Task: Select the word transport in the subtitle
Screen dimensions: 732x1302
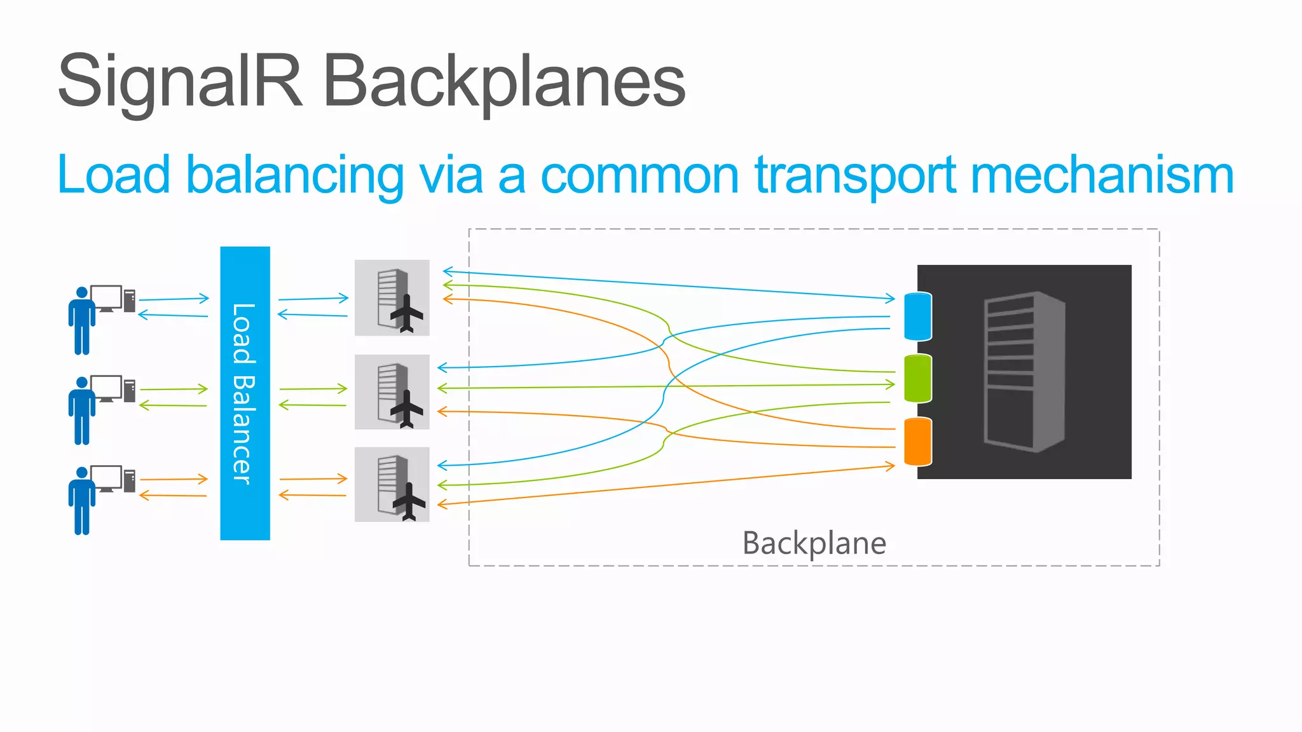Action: click(x=855, y=175)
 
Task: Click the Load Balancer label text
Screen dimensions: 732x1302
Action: click(x=243, y=393)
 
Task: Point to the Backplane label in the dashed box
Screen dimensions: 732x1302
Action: click(x=814, y=543)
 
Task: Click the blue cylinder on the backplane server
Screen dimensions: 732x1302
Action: click(x=917, y=316)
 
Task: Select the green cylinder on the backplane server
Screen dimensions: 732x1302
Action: click(x=917, y=379)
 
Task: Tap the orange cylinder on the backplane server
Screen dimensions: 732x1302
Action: click(x=917, y=442)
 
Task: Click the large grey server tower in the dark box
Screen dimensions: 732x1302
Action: click(x=1024, y=372)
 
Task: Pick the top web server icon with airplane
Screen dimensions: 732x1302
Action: click(x=392, y=297)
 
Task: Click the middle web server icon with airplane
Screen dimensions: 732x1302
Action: click(x=392, y=391)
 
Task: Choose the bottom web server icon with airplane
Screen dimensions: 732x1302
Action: click(x=392, y=484)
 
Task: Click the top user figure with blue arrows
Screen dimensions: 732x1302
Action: click(x=82, y=320)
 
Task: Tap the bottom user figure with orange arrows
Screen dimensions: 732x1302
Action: click(x=82, y=501)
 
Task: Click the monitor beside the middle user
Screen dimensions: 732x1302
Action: click(x=106, y=388)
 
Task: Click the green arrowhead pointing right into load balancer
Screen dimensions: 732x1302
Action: click(x=203, y=388)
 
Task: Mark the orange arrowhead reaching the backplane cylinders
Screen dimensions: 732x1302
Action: click(x=891, y=466)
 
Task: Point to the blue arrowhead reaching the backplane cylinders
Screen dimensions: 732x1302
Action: click(x=891, y=297)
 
